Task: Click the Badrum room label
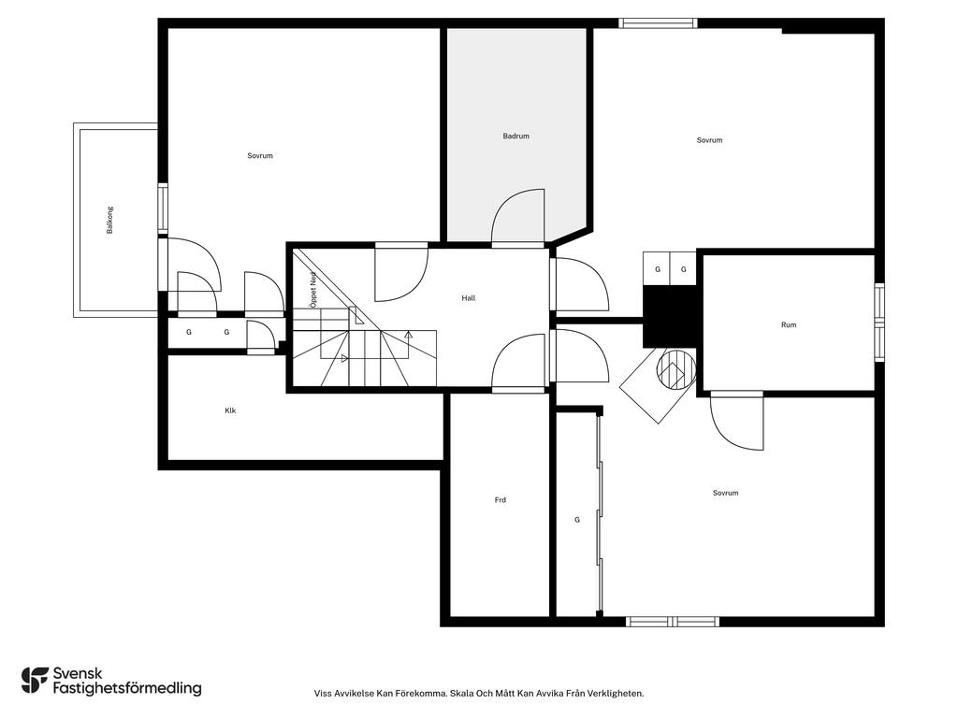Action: [x=515, y=136]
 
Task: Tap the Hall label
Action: [x=469, y=298]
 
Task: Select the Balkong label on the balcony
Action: [x=110, y=220]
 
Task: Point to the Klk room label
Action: [x=230, y=410]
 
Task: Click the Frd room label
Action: [x=501, y=500]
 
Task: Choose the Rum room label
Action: [x=789, y=324]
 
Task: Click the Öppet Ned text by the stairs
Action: [x=313, y=290]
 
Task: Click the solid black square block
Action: [x=670, y=316]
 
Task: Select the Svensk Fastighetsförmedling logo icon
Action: [x=35, y=681]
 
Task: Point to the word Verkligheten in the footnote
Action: [x=619, y=693]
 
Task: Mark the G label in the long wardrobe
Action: [x=577, y=520]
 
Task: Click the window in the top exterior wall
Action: [x=658, y=23]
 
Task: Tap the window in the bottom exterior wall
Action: [x=672, y=622]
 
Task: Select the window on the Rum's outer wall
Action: [x=879, y=323]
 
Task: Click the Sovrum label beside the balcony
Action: [x=260, y=156]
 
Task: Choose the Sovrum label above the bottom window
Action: [x=725, y=493]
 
